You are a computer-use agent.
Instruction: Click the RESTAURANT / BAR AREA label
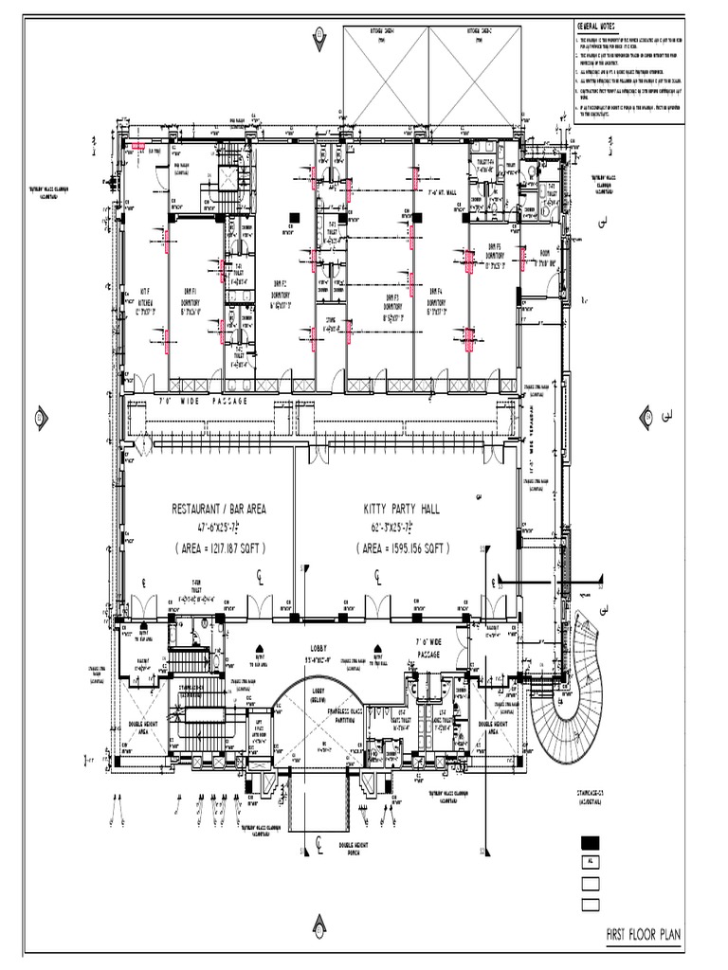pyautogui.click(x=218, y=509)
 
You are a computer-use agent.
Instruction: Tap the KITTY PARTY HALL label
pyautogui.click(x=403, y=509)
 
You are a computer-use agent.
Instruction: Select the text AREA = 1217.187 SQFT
pyautogui.click(x=219, y=548)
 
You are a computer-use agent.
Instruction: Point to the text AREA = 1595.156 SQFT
pyautogui.click(x=403, y=548)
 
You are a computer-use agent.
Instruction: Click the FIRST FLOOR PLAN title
pyautogui.click(x=644, y=937)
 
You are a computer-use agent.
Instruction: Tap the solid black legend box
pyautogui.click(x=591, y=842)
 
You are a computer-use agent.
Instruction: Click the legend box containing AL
pyautogui.click(x=591, y=863)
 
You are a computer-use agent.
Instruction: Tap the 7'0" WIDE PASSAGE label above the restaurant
pyautogui.click(x=202, y=401)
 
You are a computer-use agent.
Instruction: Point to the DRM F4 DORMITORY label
pyautogui.click(x=436, y=301)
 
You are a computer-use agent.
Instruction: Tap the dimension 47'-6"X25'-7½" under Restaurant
pyautogui.click(x=219, y=528)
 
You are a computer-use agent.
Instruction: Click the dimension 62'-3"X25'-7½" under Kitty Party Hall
pyautogui.click(x=403, y=528)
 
